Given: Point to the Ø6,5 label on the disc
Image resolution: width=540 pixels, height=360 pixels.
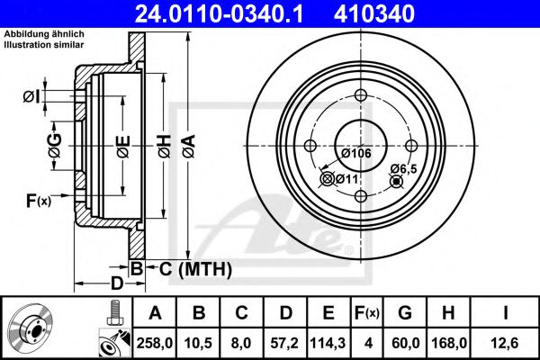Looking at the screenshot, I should [x=402, y=168].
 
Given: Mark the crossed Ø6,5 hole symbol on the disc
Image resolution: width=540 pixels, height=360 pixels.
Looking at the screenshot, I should [x=394, y=182].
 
